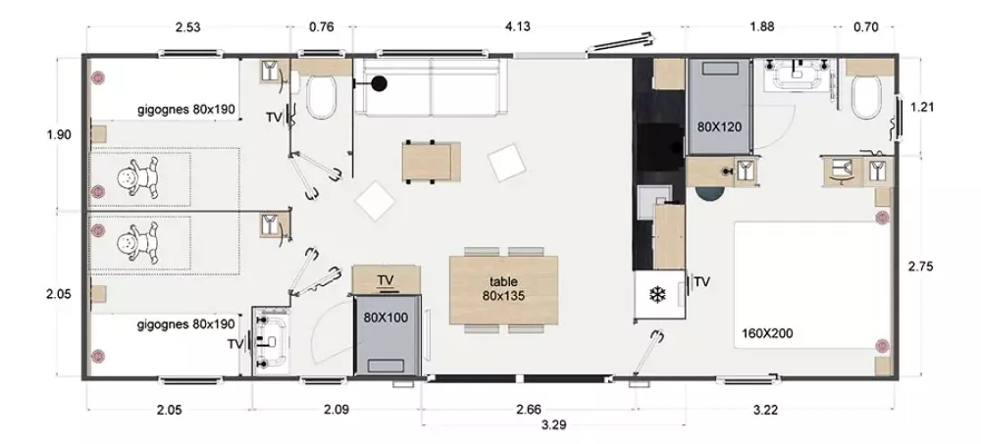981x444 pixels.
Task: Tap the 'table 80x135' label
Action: (503, 288)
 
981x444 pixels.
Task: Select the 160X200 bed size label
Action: (767, 333)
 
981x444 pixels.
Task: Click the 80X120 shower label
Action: (719, 127)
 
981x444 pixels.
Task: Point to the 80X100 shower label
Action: (386, 318)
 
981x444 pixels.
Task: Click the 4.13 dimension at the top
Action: (517, 26)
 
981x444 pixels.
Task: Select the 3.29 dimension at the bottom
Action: (553, 425)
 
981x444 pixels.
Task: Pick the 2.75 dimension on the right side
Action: (921, 267)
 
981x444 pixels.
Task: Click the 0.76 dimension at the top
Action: (322, 26)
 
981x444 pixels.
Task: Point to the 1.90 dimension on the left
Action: (59, 134)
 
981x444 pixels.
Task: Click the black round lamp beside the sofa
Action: (379, 83)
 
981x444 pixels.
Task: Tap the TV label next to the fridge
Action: (702, 282)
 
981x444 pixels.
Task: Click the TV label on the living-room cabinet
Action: (386, 279)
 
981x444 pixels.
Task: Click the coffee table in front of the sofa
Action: (432, 162)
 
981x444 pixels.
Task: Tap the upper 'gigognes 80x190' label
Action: (186, 110)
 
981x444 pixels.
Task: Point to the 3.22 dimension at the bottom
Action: (766, 411)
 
